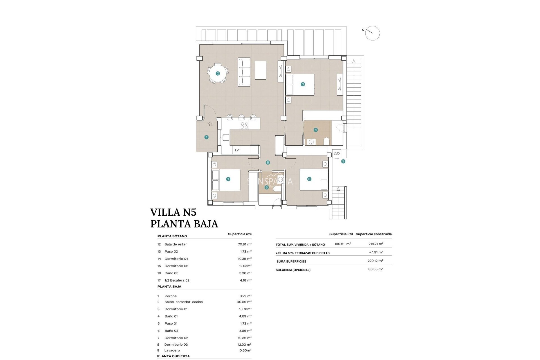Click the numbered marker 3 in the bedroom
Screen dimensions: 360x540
(303, 84)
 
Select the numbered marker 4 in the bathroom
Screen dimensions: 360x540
(316, 130)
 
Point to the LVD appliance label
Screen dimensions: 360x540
(337, 154)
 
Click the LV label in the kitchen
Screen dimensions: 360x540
(237, 150)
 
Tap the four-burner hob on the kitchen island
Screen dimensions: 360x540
(244, 125)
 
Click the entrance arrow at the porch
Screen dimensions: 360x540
(210, 124)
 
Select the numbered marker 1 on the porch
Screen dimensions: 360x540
(206, 137)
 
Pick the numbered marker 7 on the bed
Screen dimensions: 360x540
(228, 179)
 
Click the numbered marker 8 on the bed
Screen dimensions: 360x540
(309, 179)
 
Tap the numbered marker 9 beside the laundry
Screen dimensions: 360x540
(343, 161)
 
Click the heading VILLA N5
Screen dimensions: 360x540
(173, 212)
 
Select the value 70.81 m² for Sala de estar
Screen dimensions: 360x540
(245, 244)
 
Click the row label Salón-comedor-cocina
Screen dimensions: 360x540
(184, 302)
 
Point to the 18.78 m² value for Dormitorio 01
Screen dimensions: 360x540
(245, 309)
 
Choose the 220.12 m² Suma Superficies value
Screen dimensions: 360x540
(375, 261)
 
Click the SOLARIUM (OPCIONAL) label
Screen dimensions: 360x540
(293, 270)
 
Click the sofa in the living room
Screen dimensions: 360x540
(244, 72)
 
